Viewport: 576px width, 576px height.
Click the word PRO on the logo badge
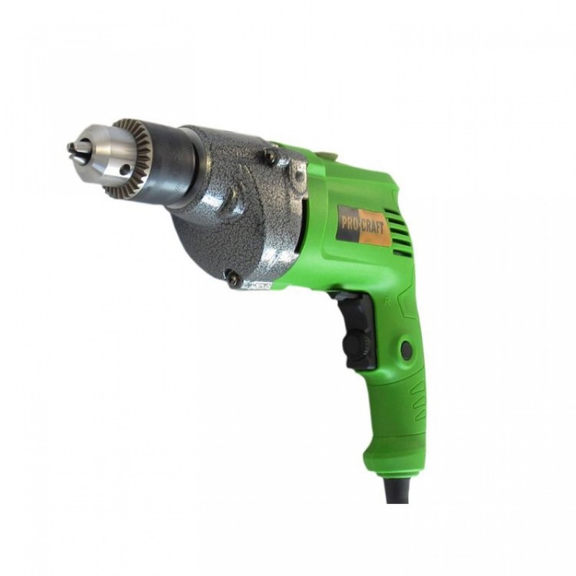350,224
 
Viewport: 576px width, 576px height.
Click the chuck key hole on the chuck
127,170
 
